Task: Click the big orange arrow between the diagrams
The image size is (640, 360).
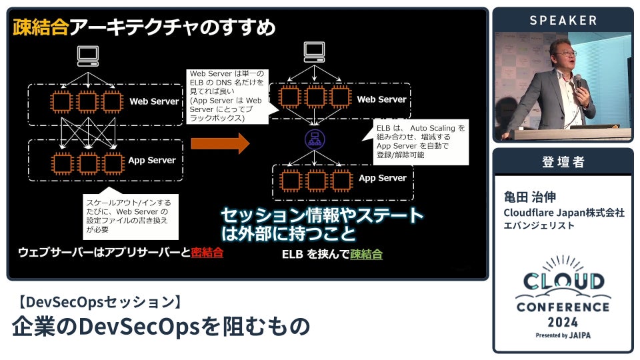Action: click(x=219, y=143)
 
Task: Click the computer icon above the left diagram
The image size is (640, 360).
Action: click(x=87, y=55)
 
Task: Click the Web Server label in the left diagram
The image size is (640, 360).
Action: click(x=154, y=101)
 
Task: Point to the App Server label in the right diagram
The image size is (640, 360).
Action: click(x=382, y=178)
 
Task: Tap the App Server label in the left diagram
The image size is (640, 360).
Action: click(x=152, y=160)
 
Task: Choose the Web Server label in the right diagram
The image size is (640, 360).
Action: click(x=381, y=99)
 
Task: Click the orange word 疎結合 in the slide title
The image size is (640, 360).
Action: click(x=41, y=27)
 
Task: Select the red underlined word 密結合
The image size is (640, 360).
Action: click(x=207, y=253)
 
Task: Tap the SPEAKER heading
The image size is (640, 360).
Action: click(x=563, y=21)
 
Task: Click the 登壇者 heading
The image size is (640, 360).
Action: click(x=563, y=162)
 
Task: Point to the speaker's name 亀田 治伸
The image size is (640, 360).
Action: click(x=530, y=197)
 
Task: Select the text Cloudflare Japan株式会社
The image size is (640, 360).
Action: click(x=564, y=212)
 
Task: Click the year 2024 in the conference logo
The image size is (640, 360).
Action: click(x=563, y=321)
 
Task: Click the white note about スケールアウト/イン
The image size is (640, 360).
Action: click(x=130, y=215)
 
